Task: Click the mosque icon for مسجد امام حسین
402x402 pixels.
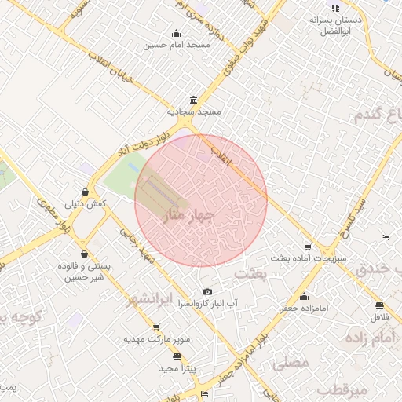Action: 176,33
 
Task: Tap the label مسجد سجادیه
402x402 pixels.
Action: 199,112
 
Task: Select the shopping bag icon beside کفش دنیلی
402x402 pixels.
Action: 85,192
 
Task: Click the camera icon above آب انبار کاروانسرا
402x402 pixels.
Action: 207,292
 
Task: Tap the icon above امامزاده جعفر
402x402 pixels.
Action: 305,296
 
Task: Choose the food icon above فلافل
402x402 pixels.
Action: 380,305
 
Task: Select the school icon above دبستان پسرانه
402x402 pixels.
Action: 335,7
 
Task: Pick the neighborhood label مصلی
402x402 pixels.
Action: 290,364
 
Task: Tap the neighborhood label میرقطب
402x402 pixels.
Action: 345,390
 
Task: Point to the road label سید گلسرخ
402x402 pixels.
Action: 351,216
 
